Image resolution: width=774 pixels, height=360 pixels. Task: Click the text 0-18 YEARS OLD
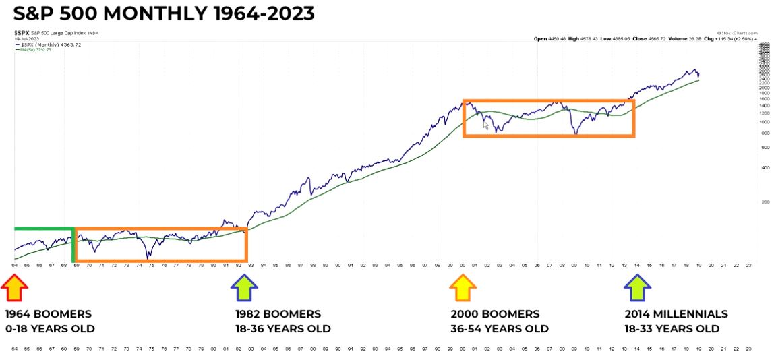point(51,329)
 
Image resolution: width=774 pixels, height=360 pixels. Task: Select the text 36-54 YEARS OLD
point(500,329)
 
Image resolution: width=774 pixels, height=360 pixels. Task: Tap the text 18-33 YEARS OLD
point(672,329)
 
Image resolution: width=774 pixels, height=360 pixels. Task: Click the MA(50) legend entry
point(34,49)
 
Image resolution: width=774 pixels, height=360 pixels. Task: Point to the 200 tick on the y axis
point(764,202)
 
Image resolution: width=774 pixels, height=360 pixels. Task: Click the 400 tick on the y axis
point(764,168)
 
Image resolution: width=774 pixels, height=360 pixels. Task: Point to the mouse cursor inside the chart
point(486,125)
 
